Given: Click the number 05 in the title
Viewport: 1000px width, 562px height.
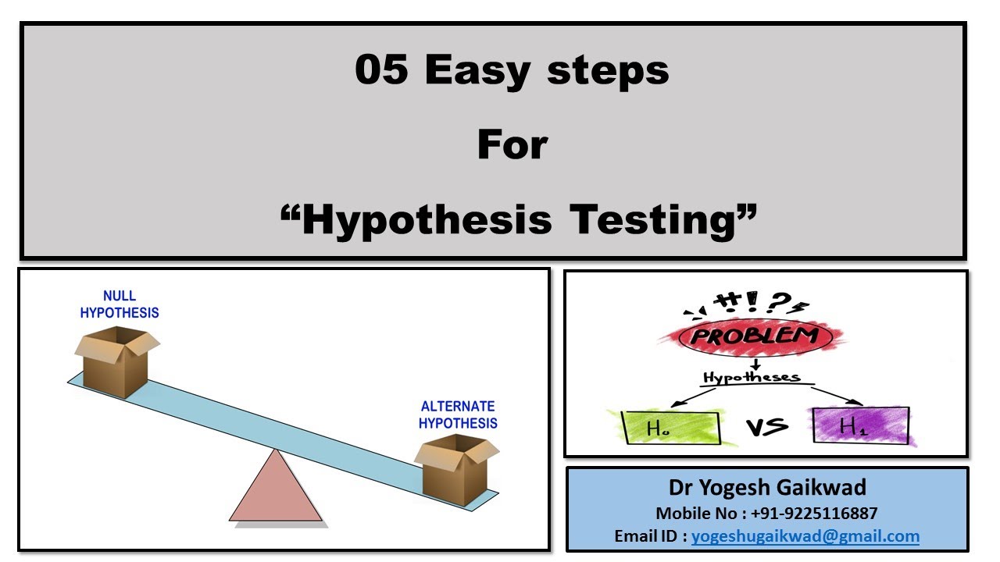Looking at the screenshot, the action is [x=381, y=69].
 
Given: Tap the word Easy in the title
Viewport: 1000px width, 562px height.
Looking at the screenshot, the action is [x=477, y=71].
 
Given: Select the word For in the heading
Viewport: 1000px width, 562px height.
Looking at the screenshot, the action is [x=512, y=144].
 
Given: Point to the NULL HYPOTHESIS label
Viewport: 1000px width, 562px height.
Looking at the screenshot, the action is [x=120, y=304].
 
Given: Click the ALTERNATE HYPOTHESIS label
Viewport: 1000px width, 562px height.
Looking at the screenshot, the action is [x=458, y=414].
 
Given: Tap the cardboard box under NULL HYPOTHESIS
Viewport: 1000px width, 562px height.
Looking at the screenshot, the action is [x=117, y=361].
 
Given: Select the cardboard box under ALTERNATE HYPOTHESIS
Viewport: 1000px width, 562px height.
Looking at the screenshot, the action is [x=456, y=470].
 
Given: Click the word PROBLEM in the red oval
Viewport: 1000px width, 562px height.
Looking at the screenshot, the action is [x=755, y=336].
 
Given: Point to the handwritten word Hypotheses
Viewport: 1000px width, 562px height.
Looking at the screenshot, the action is [x=752, y=377].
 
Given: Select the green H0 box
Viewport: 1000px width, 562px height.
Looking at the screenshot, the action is [x=671, y=428].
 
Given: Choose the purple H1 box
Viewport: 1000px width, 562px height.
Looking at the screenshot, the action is [x=861, y=425].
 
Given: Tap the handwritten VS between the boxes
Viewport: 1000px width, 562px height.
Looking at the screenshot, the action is [x=767, y=427].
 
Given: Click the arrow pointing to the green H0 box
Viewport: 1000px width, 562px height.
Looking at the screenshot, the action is [x=693, y=397].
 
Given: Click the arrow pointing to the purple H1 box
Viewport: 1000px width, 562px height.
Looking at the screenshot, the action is [x=837, y=396].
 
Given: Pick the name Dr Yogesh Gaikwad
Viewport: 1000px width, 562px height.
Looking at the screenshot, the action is [x=767, y=487].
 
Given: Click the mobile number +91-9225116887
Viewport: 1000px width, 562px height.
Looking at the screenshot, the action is [x=814, y=514].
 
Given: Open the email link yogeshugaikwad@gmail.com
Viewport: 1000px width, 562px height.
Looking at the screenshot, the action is [x=805, y=536].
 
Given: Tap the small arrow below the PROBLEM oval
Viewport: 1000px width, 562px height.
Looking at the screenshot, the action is [x=755, y=365].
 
